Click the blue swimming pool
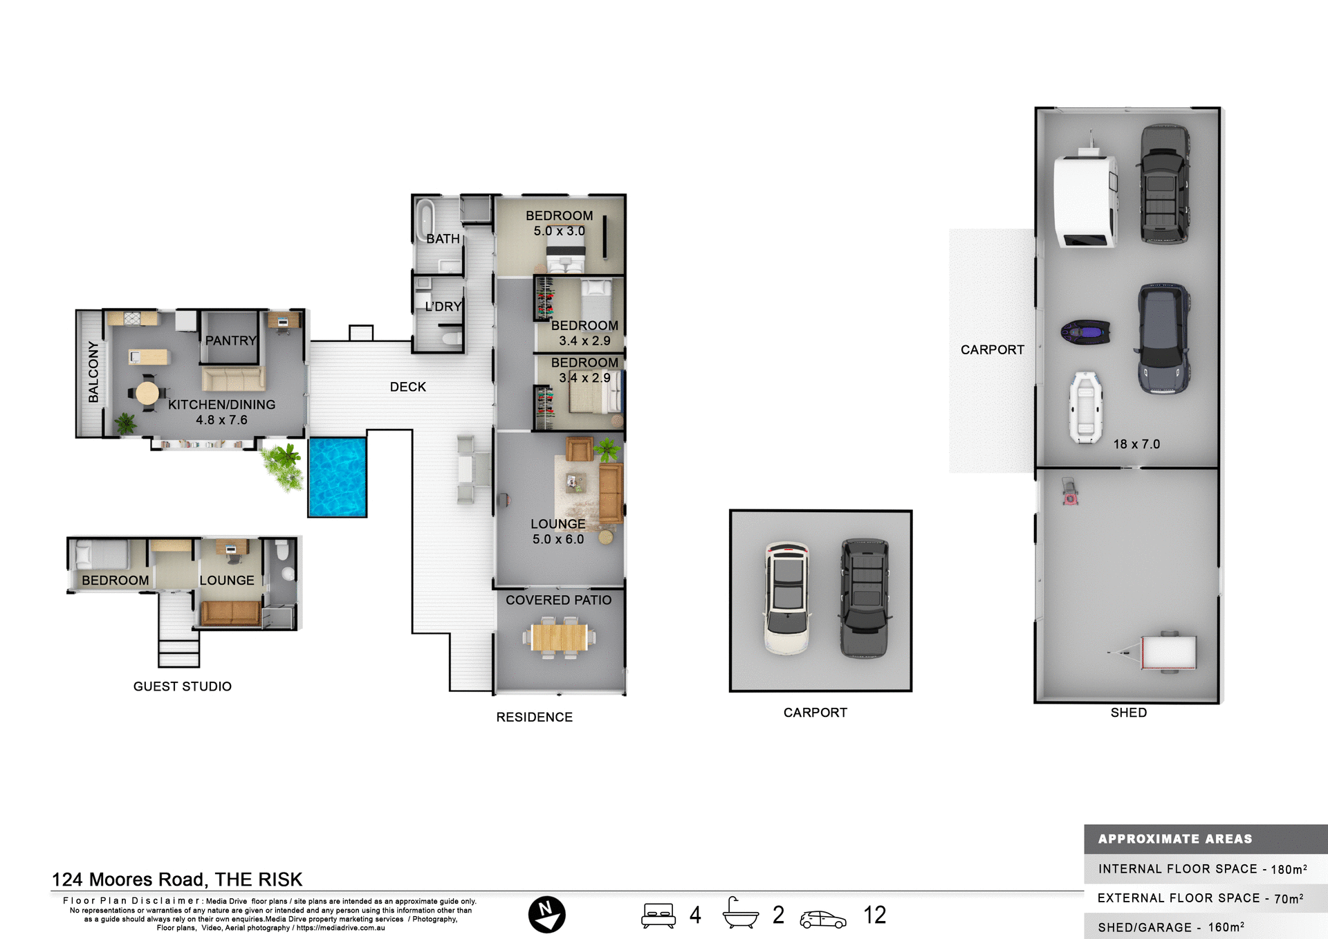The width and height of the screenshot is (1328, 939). point(338,477)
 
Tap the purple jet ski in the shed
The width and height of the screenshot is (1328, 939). point(1085,333)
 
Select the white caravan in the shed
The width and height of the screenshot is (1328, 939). point(1085,200)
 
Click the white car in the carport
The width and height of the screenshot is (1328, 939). point(787,598)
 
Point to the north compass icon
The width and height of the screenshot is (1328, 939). point(546,915)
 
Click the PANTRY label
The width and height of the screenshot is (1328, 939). point(230,340)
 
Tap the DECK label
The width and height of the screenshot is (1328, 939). point(407,387)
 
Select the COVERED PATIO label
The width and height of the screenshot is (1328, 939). point(558,600)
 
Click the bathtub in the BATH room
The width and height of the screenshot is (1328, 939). point(425,219)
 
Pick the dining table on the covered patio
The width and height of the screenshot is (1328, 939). point(560,637)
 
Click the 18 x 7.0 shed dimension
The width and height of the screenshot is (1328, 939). point(1136,444)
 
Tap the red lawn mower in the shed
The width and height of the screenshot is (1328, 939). point(1070,492)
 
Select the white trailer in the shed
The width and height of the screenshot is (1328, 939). point(1167,652)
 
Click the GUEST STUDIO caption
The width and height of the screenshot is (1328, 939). point(183,686)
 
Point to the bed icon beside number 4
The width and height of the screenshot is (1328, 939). point(658,915)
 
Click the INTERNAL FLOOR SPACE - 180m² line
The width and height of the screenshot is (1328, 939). point(1202,869)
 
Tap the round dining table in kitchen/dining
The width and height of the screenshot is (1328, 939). point(147,393)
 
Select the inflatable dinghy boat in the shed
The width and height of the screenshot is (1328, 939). point(1085,408)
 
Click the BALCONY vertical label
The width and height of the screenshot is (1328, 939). point(93,372)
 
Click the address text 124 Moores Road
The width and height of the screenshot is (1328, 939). point(177,879)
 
